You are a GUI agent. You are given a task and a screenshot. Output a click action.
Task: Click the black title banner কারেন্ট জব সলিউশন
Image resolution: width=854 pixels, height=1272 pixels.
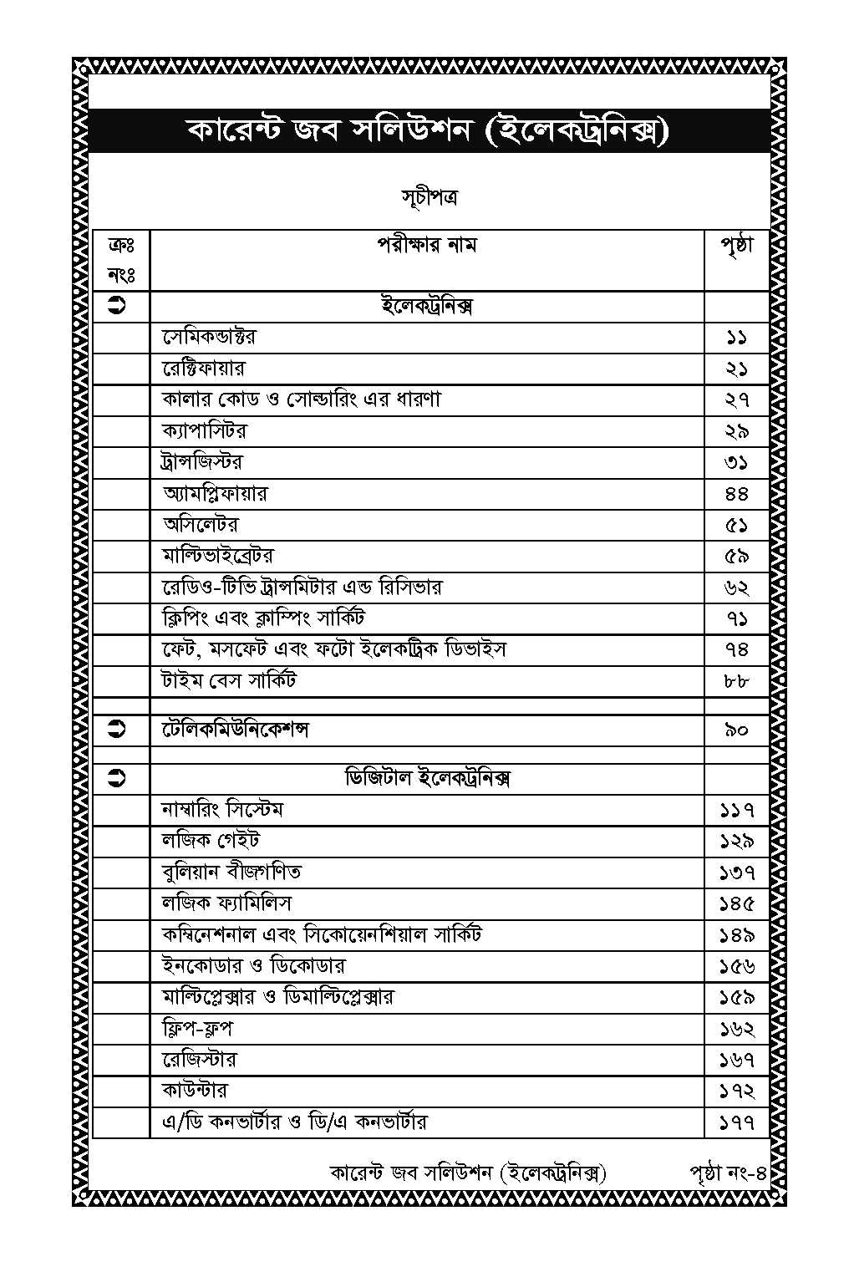[427, 131]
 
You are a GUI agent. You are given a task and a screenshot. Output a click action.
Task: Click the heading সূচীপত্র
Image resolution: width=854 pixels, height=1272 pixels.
[428, 198]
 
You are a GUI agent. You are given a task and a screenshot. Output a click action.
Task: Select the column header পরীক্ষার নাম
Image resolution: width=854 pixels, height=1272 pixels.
[427, 245]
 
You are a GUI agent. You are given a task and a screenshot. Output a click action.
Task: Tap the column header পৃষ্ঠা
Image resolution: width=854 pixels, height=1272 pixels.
[736, 245]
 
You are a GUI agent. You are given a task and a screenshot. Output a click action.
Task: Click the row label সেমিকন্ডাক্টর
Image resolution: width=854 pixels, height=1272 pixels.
[210, 337]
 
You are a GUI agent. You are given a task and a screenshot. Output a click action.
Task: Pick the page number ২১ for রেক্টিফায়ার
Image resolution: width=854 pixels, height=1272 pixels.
[736, 369]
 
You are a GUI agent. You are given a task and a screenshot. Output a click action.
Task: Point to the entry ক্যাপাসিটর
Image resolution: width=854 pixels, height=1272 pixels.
[205, 431]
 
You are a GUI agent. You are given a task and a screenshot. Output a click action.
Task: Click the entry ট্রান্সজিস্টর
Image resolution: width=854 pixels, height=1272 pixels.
[202, 462]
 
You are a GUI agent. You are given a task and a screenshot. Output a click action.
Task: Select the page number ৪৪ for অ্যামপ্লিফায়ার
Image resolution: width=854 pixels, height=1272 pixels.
[736, 494]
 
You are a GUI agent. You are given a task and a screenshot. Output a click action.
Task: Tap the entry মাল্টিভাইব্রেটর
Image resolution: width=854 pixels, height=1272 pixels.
[217, 556]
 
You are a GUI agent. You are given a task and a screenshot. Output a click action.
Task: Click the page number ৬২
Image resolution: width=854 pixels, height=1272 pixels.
[736, 588]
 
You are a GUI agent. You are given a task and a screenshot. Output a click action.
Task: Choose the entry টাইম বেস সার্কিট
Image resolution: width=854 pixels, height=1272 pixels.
[229, 681]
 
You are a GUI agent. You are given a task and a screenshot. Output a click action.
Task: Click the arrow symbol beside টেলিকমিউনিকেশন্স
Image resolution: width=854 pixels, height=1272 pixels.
[118, 730]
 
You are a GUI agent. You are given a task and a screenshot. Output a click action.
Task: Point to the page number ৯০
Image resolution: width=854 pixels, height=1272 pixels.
[736, 730]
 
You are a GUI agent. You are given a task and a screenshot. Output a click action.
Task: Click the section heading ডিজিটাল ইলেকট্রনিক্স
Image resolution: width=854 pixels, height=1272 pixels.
[427, 778]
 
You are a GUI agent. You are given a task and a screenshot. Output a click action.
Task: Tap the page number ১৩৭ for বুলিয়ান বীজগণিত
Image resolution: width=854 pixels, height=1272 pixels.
[736, 873]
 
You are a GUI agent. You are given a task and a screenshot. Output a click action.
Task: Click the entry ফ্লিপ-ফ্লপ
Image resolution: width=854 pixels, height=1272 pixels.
[197, 1028]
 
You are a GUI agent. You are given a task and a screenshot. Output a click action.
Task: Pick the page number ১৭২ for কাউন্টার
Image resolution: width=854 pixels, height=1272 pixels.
[736, 1091]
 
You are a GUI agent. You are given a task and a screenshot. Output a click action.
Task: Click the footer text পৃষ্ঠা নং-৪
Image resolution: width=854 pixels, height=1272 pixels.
[728, 1173]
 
